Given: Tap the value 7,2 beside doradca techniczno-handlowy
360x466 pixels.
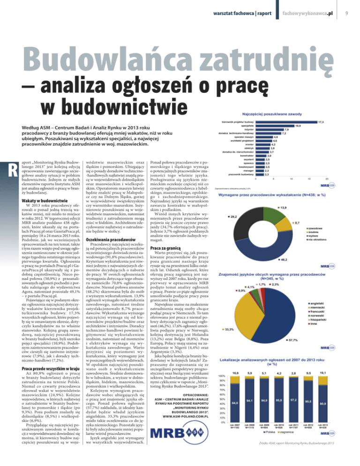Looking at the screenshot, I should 284,121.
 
